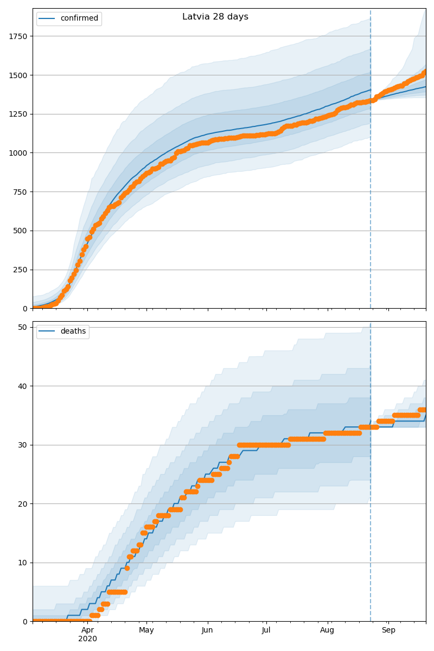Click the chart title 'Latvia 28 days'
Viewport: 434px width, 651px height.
click(x=215, y=17)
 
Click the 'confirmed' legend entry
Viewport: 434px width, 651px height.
click(x=79, y=18)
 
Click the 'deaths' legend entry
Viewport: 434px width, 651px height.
click(x=73, y=331)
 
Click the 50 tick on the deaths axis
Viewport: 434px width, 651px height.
click(x=23, y=327)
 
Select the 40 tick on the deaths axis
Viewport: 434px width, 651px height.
click(x=23, y=386)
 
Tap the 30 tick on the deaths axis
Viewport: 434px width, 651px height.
click(x=23, y=445)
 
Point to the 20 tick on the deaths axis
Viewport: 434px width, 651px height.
click(x=23, y=504)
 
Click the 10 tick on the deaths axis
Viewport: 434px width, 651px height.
click(x=23, y=563)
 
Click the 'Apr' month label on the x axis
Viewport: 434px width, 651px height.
click(x=87, y=630)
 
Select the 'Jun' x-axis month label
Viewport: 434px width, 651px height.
click(x=207, y=630)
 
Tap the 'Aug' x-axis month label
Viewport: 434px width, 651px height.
click(x=327, y=630)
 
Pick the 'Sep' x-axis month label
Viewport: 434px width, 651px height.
click(x=388, y=630)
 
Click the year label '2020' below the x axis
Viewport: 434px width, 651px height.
click(x=87, y=639)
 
